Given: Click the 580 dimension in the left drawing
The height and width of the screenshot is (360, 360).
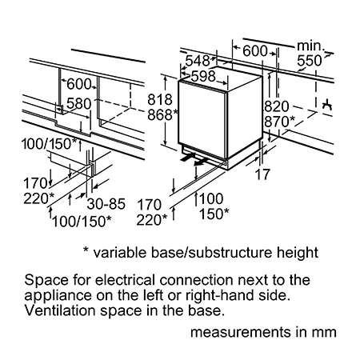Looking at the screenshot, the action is coord(78,103).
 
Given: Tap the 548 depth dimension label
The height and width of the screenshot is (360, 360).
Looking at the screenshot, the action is coord(198,61).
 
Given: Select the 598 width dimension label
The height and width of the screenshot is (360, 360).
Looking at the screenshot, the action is coord(203,76).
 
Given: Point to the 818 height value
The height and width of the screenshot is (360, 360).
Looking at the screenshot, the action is coord(160,100).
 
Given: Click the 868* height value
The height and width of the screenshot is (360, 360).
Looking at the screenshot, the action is coord(162,115).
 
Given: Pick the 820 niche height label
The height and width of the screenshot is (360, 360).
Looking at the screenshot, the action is coord(277,106).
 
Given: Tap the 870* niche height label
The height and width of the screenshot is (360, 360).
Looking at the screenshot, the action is coord(280,122).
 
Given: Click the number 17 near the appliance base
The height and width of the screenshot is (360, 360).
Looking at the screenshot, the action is coord(262,174).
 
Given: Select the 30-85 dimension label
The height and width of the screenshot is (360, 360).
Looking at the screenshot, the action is coord(106,204).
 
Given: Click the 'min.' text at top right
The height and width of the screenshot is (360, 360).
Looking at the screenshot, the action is coord(310,46).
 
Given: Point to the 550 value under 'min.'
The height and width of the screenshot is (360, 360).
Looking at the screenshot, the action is coord(310,61).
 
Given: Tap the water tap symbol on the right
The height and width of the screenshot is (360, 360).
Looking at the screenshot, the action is coord(327,106).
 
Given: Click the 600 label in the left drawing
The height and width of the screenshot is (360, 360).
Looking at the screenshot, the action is coord(79,84).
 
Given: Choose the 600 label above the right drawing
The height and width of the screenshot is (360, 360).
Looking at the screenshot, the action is coord(255,50).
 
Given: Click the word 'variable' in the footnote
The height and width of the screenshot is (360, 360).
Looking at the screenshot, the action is coord(120,252).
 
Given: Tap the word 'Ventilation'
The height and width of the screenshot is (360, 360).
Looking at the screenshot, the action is coord(60,310).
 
